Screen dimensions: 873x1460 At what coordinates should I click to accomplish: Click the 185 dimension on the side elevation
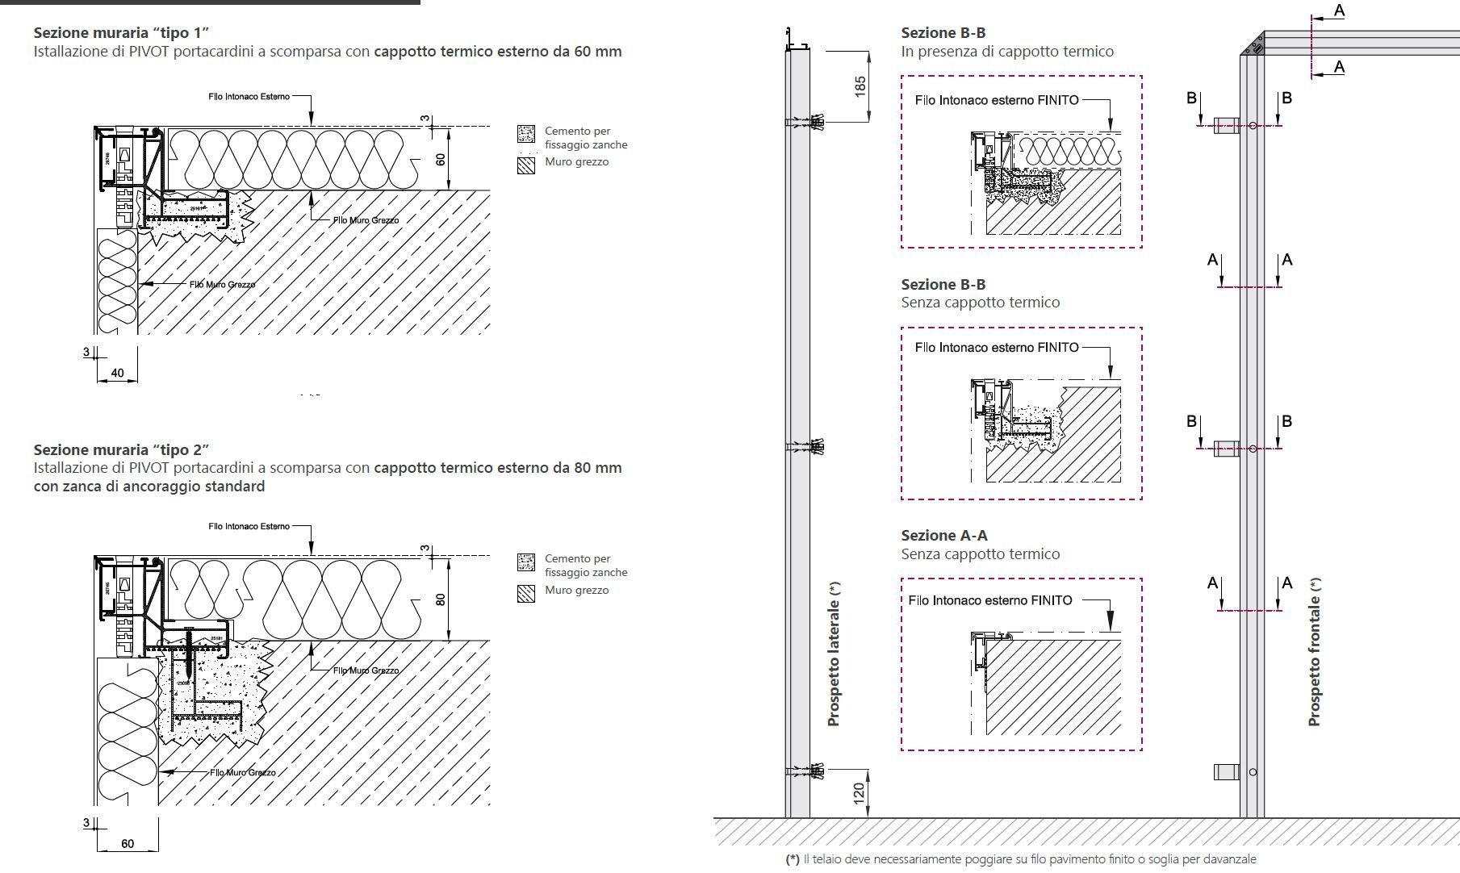(860, 86)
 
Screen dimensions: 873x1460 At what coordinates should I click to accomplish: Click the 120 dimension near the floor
(859, 792)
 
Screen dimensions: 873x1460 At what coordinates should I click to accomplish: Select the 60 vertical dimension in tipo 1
(441, 159)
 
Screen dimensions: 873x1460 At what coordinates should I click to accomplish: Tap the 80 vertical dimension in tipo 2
(441, 599)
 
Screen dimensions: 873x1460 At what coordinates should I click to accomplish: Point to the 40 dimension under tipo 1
(117, 373)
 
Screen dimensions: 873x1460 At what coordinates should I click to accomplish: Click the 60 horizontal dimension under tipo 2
(128, 844)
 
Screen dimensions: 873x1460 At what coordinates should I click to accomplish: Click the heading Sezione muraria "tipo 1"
(121, 33)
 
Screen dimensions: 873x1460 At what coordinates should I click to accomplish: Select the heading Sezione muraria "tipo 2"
(121, 449)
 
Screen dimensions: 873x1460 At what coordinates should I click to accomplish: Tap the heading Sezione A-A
(943, 536)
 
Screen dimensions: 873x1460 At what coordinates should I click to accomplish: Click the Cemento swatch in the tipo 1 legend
(526, 134)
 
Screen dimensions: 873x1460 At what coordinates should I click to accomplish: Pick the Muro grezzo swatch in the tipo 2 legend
(526, 594)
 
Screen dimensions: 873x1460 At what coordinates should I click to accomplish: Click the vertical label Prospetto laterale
(835, 654)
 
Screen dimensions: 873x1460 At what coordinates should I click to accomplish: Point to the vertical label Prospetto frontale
(1315, 652)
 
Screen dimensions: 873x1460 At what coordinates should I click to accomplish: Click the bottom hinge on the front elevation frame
(1227, 772)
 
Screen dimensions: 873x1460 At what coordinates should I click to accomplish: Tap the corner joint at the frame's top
(1253, 44)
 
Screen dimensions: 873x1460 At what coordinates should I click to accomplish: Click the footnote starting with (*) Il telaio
(1021, 859)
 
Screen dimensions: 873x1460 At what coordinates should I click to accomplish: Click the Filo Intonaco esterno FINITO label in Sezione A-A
(990, 600)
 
